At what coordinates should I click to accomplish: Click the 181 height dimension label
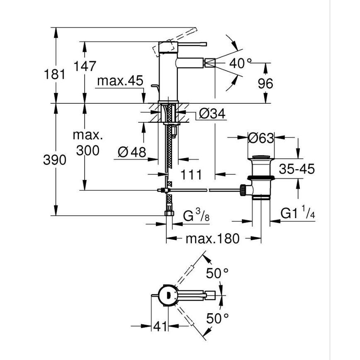click(55, 75)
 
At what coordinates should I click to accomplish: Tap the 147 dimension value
click(85, 66)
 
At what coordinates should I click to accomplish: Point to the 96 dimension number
click(265, 84)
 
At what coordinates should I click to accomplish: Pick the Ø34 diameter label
click(212, 114)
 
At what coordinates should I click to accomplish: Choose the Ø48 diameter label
click(132, 153)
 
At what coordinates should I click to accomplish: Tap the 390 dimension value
click(55, 160)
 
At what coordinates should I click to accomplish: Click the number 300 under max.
click(88, 151)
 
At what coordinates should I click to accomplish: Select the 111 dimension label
click(191, 175)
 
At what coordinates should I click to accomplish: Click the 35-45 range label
click(297, 169)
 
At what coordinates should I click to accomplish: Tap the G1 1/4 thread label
click(298, 214)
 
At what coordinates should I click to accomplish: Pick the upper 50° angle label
click(218, 273)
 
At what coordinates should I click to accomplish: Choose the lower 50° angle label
click(218, 319)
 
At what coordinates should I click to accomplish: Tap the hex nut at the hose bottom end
click(169, 213)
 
